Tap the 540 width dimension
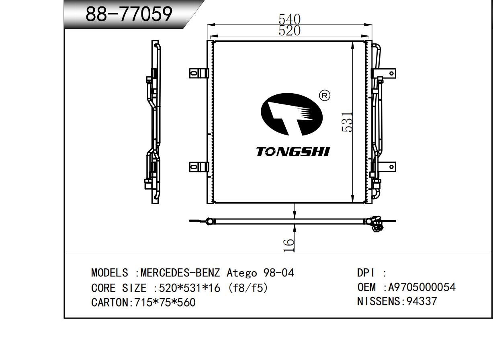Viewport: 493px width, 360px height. coord(289,19)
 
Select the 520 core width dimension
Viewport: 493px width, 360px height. coord(289,31)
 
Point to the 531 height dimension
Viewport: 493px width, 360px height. coord(347,122)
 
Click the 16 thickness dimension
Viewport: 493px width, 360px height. coord(288,245)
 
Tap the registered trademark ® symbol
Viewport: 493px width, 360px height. coord(325,96)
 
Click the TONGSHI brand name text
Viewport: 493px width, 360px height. coord(293,152)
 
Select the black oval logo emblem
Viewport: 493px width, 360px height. coord(292,114)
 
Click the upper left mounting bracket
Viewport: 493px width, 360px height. coord(199,73)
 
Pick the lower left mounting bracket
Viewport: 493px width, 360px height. coord(199,167)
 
